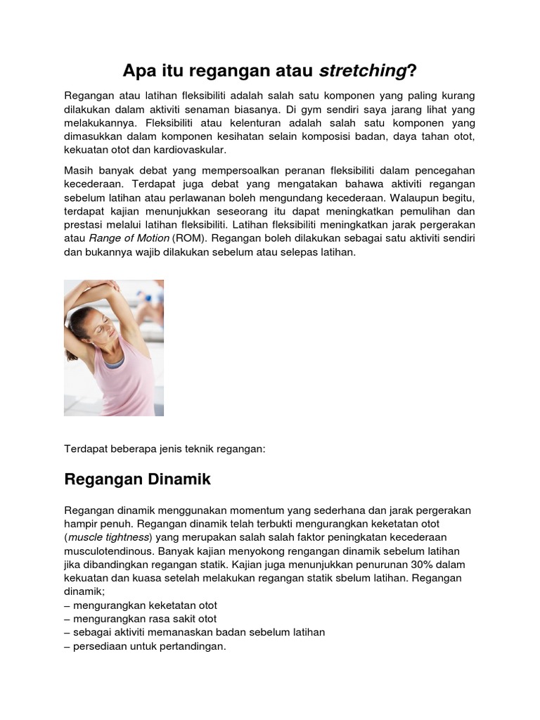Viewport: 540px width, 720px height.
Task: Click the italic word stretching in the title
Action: (363, 70)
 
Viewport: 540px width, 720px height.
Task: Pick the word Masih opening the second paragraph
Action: (80, 171)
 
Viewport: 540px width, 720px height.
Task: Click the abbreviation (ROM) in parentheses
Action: (186, 238)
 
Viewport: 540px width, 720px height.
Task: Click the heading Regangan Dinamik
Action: (137, 480)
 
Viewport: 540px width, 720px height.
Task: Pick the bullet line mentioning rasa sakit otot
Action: (140, 619)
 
